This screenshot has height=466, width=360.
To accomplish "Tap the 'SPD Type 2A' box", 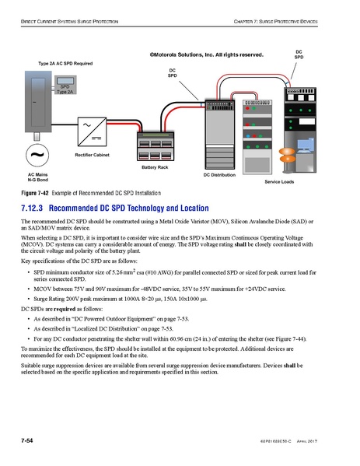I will (65, 89).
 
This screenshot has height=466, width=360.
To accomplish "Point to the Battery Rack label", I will (155, 167).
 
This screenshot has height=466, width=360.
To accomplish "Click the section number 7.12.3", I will (34, 208).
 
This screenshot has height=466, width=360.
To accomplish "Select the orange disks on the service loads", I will (288, 156).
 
